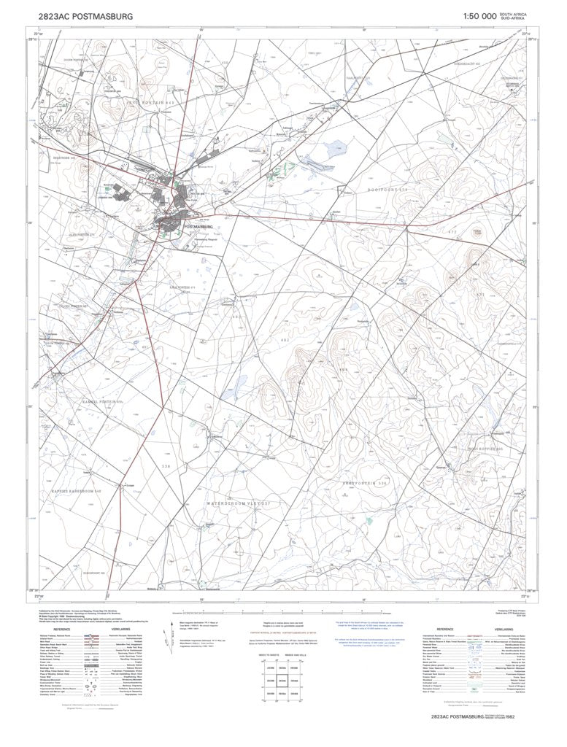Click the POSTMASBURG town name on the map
coord(203,227)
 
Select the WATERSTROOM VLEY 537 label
coord(228,503)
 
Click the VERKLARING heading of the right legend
coord(512,627)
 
